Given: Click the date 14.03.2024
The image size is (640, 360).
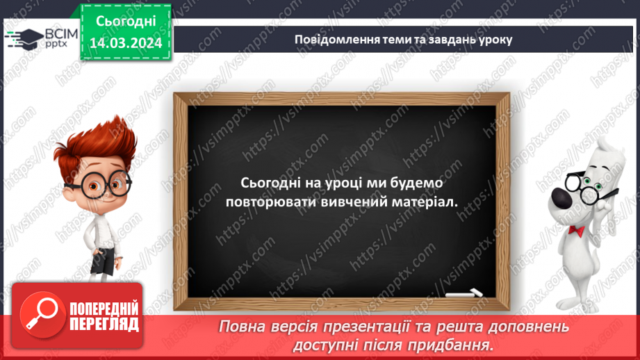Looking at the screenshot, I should [125, 43].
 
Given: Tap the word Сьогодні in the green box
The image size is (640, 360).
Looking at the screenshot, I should [125, 22].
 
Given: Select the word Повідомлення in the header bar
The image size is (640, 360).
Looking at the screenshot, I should [330, 39].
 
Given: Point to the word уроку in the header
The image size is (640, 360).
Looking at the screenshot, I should [495, 39].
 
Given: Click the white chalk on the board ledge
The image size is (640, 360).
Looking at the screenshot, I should [465, 293].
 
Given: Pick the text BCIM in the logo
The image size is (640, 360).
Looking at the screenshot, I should [58, 33].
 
